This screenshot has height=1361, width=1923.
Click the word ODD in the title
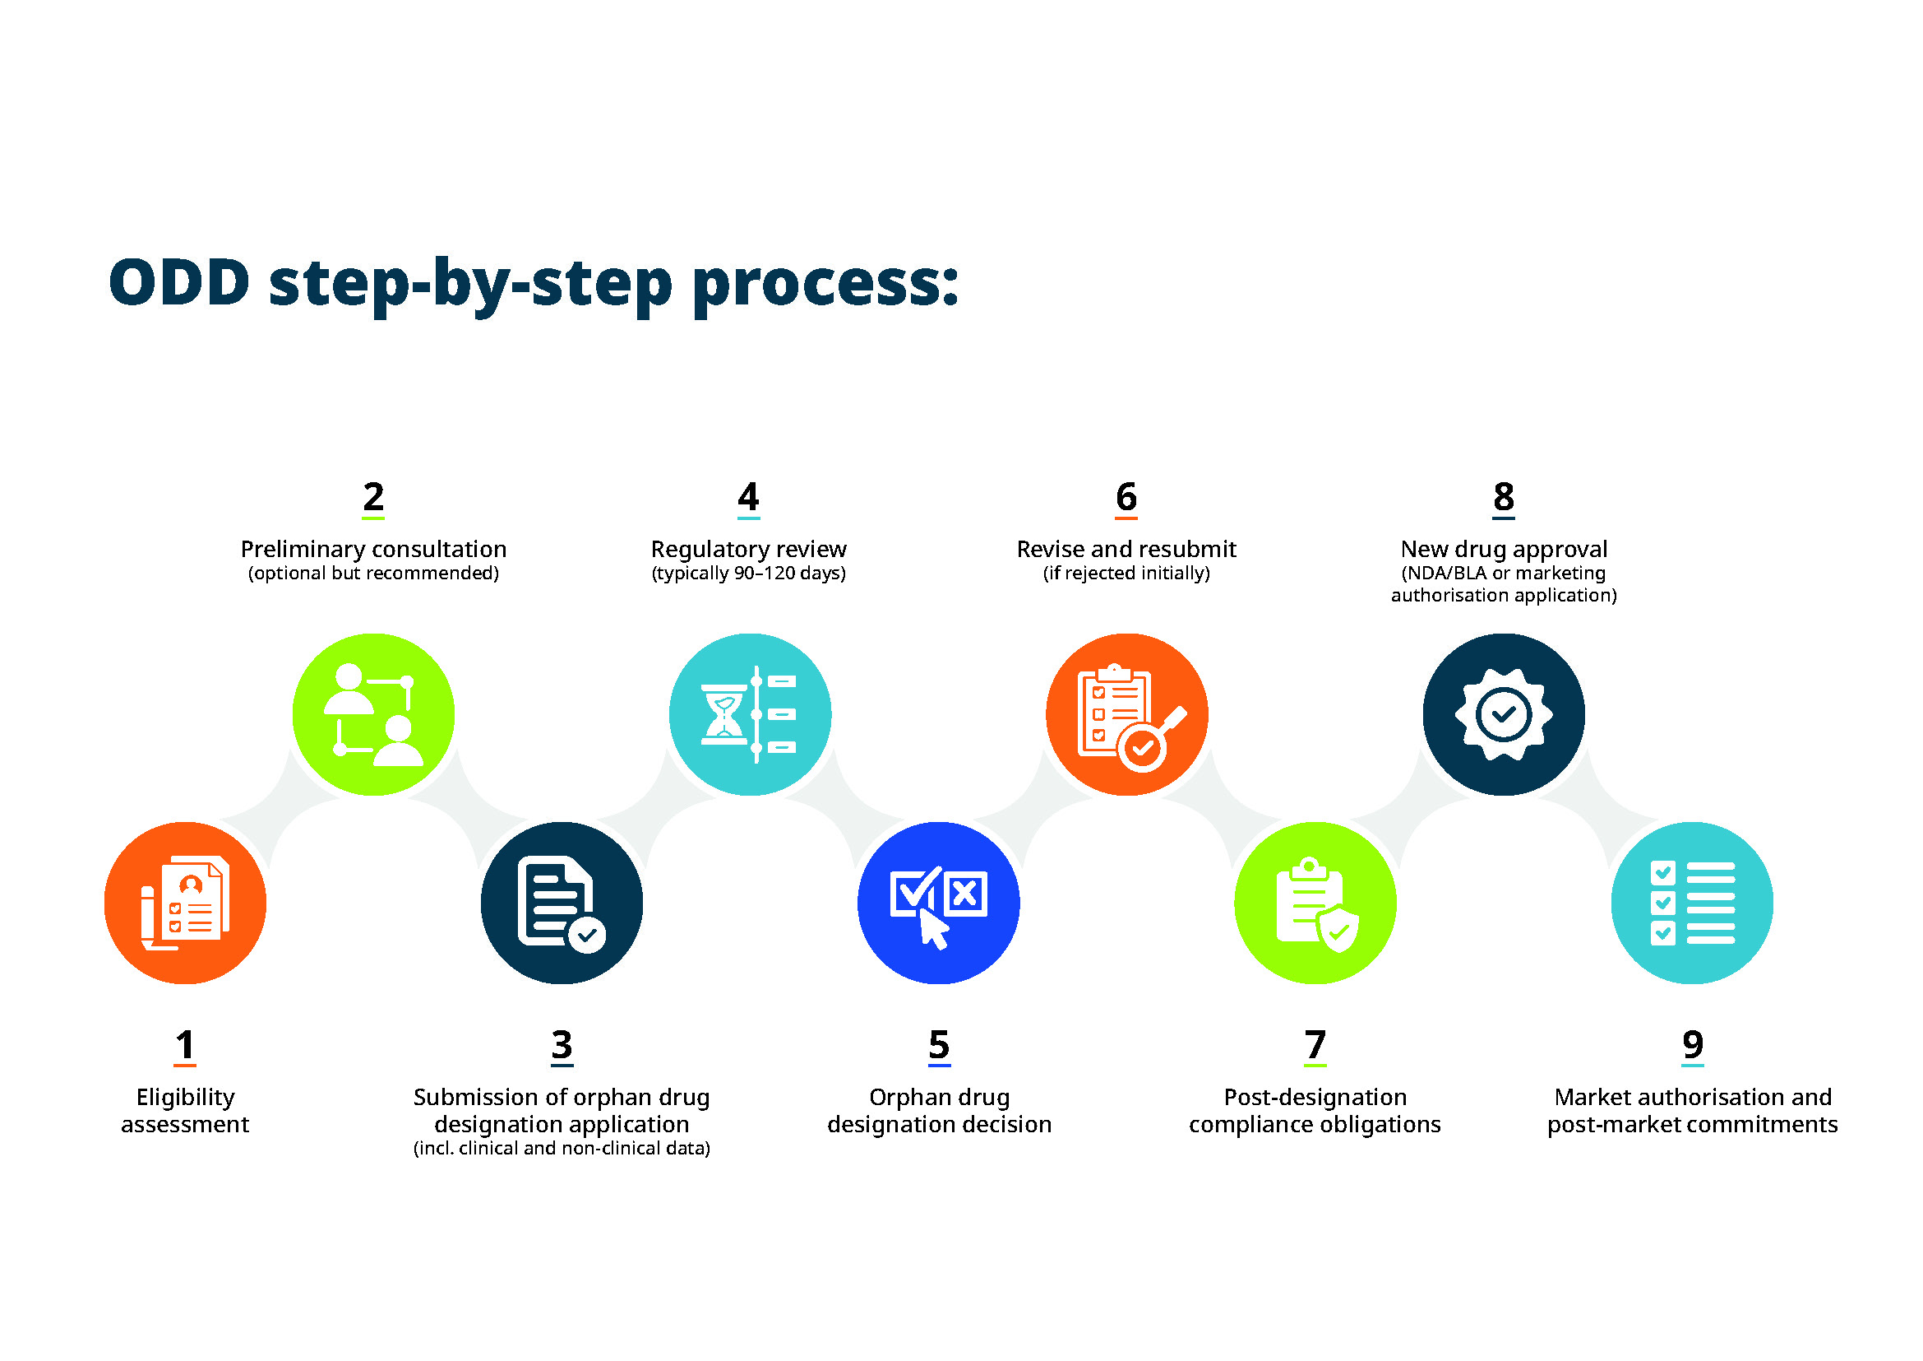click(x=179, y=282)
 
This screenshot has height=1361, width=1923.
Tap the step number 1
click(x=185, y=1044)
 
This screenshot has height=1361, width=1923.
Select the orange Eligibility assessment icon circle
click(x=185, y=903)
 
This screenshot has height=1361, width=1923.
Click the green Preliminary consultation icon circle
click(x=373, y=714)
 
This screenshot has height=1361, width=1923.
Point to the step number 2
click(x=373, y=496)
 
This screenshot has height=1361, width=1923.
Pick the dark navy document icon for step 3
click(x=562, y=903)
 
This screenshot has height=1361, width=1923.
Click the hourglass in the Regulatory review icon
click(x=723, y=714)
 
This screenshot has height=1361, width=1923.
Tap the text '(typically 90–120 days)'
click(x=749, y=573)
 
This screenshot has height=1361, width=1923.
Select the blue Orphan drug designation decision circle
click(x=939, y=903)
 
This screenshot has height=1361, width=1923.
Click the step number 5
click(x=939, y=1044)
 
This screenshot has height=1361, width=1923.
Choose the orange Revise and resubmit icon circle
click(x=1127, y=714)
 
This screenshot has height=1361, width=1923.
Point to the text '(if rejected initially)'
click(x=1126, y=573)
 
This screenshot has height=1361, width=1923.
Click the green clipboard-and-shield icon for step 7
click(x=1315, y=903)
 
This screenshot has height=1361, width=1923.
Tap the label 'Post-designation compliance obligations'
click(x=1315, y=1110)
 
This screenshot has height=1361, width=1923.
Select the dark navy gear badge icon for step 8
click(x=1505, y=714)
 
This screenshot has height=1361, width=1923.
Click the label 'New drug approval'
click(x=1505, y=549)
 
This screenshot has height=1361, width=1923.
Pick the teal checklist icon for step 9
click(x=1693, y=903)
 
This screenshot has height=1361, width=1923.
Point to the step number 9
click(x=1693, y=1044)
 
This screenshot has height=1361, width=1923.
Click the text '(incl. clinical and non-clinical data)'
click(x=562, y=1148)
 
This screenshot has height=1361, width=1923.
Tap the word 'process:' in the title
click(x=825, y=285)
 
